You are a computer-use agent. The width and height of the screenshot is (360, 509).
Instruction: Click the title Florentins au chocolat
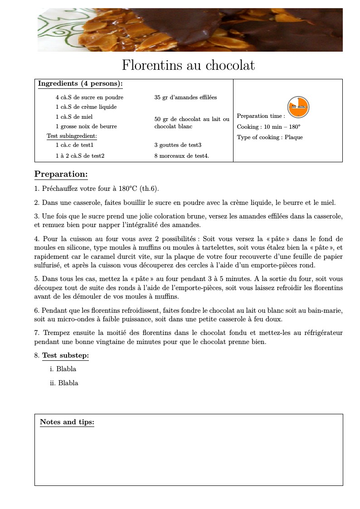[188, 66]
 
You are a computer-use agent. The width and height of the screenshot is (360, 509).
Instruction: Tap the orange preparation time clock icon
[298, 107]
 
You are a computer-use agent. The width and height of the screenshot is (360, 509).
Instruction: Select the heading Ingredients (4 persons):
[80, 84]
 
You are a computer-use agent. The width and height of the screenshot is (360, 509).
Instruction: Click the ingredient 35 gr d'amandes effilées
[185, 97]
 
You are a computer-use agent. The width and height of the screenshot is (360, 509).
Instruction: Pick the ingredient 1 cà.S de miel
[74, 117]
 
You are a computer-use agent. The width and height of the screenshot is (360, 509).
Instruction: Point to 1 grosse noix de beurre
[86, 126]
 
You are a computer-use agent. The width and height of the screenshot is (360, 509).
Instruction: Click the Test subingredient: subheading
[72, 136]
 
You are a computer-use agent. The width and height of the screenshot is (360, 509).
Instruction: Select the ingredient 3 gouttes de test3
[178, 145]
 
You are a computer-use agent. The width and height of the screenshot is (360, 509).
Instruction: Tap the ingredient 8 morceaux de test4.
[181, 156]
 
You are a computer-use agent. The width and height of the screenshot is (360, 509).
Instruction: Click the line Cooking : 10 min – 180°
[268, 127]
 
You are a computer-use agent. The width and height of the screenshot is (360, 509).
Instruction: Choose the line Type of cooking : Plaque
[269, 137]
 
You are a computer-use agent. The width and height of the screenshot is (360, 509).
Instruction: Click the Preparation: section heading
[61, 175]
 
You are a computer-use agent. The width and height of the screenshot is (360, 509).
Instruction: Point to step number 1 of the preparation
[36, 189]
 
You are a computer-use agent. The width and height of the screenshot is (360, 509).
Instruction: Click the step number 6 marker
[36, 310]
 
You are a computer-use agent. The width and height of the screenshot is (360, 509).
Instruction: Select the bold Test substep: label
[65, 355]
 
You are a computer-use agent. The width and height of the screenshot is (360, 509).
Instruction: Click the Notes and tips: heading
[67, 422]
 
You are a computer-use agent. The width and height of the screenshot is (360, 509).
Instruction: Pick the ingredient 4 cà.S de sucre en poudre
[89, 97]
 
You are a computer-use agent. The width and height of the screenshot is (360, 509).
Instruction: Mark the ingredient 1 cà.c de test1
[74, 145]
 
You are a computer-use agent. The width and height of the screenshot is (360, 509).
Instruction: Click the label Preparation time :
[261, 116]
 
